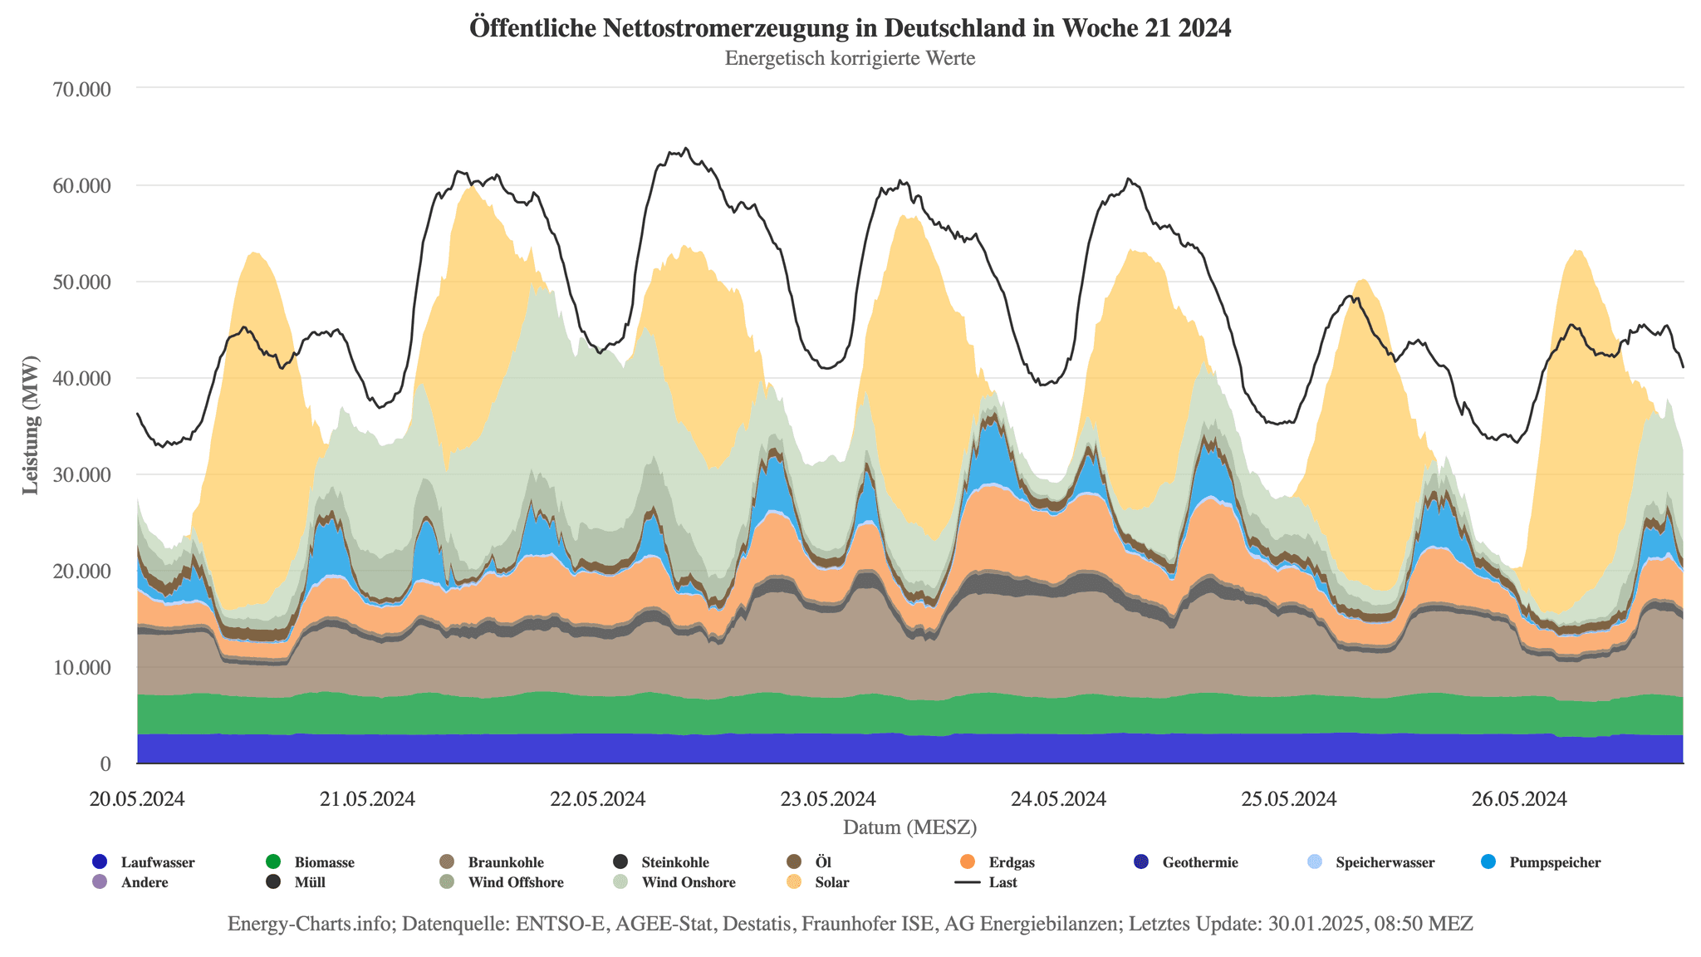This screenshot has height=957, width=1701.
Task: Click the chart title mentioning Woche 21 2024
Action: click(x=850, y=28)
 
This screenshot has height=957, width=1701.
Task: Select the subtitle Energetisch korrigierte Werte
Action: click(x=850, y=59)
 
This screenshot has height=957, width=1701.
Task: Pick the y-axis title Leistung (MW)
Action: click(x=31, y=425)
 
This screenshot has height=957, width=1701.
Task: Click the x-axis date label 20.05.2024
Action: click(x=137, y=799)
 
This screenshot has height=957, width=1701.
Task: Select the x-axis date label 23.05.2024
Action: click(x=828, y=799)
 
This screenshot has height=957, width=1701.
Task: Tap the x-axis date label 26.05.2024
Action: click(x=1519, y=799)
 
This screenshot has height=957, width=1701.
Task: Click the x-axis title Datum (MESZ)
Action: click(x=909, y=827)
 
